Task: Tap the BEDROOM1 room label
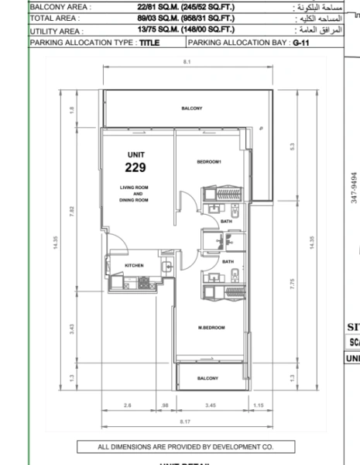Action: [209, 161]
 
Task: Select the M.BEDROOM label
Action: [211, 329]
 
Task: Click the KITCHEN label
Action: [135, 266]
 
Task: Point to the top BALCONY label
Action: [191, 108]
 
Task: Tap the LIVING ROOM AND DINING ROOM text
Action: [133, 194]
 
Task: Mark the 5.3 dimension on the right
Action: [293, 145]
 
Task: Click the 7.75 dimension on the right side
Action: [293, 283]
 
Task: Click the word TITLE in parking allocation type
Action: [150, 43]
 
